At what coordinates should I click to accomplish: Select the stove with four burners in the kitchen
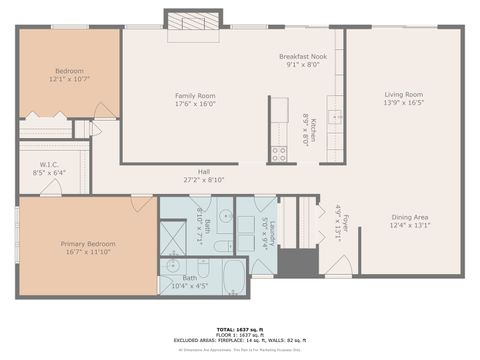coord(279,153)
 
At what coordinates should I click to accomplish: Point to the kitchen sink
coord(337,117)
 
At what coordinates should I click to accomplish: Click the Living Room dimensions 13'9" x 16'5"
coord(404,102)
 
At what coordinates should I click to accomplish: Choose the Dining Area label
coord(409,217)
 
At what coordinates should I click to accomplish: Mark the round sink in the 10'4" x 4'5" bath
coord(172,266)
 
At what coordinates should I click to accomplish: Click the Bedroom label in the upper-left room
coord(69,70)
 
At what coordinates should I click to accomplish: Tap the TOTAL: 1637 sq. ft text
coord(240,328)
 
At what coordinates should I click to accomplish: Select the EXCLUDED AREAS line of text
coord(240,340)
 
